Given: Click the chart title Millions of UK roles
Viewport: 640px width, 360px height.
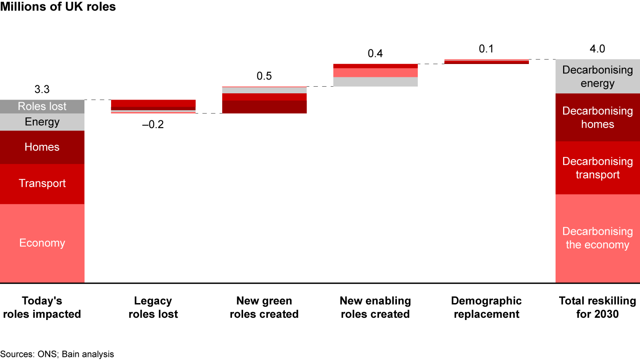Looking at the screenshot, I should pos(58,7).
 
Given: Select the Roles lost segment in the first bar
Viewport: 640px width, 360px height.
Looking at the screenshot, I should pos(42,107).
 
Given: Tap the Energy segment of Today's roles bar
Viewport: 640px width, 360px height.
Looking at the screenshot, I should pos(42,122).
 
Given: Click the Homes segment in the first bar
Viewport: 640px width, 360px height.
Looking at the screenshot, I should pos(42,147).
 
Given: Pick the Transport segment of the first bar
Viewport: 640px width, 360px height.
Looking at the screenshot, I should pos(42,184).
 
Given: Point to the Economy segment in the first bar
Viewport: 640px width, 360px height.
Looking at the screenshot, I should pos(42,243).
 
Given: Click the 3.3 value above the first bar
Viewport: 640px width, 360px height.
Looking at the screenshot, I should pos(42,90).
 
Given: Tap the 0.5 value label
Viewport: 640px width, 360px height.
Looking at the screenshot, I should pos(264,76).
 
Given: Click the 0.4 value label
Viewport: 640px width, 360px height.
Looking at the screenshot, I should pos(375,54).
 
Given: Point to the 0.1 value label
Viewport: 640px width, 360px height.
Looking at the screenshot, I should pos(486,49).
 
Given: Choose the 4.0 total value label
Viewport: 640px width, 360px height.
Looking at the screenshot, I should pos(597,49).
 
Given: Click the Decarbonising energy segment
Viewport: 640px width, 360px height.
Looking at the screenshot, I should pos(597,76).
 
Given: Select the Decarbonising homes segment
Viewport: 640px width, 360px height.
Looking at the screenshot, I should pos(597,117).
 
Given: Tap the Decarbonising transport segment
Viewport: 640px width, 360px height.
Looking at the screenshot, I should pos(597,168).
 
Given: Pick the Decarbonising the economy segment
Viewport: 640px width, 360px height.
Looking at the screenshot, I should pos(597,238).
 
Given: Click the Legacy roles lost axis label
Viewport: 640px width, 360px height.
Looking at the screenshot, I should pos(153,308).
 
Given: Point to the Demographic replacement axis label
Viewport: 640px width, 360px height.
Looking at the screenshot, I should pos(486,308).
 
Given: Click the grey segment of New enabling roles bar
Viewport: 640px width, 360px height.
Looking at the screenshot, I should pos(375,82).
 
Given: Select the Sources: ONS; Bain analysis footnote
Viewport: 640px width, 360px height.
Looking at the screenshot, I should pos(57,354).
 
